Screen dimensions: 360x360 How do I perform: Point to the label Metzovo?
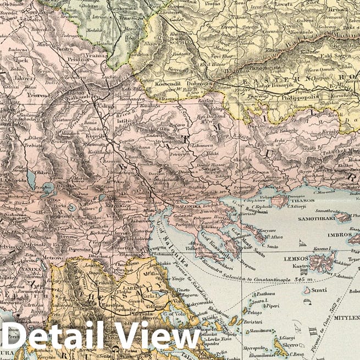pyautogui.click(x=53, y=256)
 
